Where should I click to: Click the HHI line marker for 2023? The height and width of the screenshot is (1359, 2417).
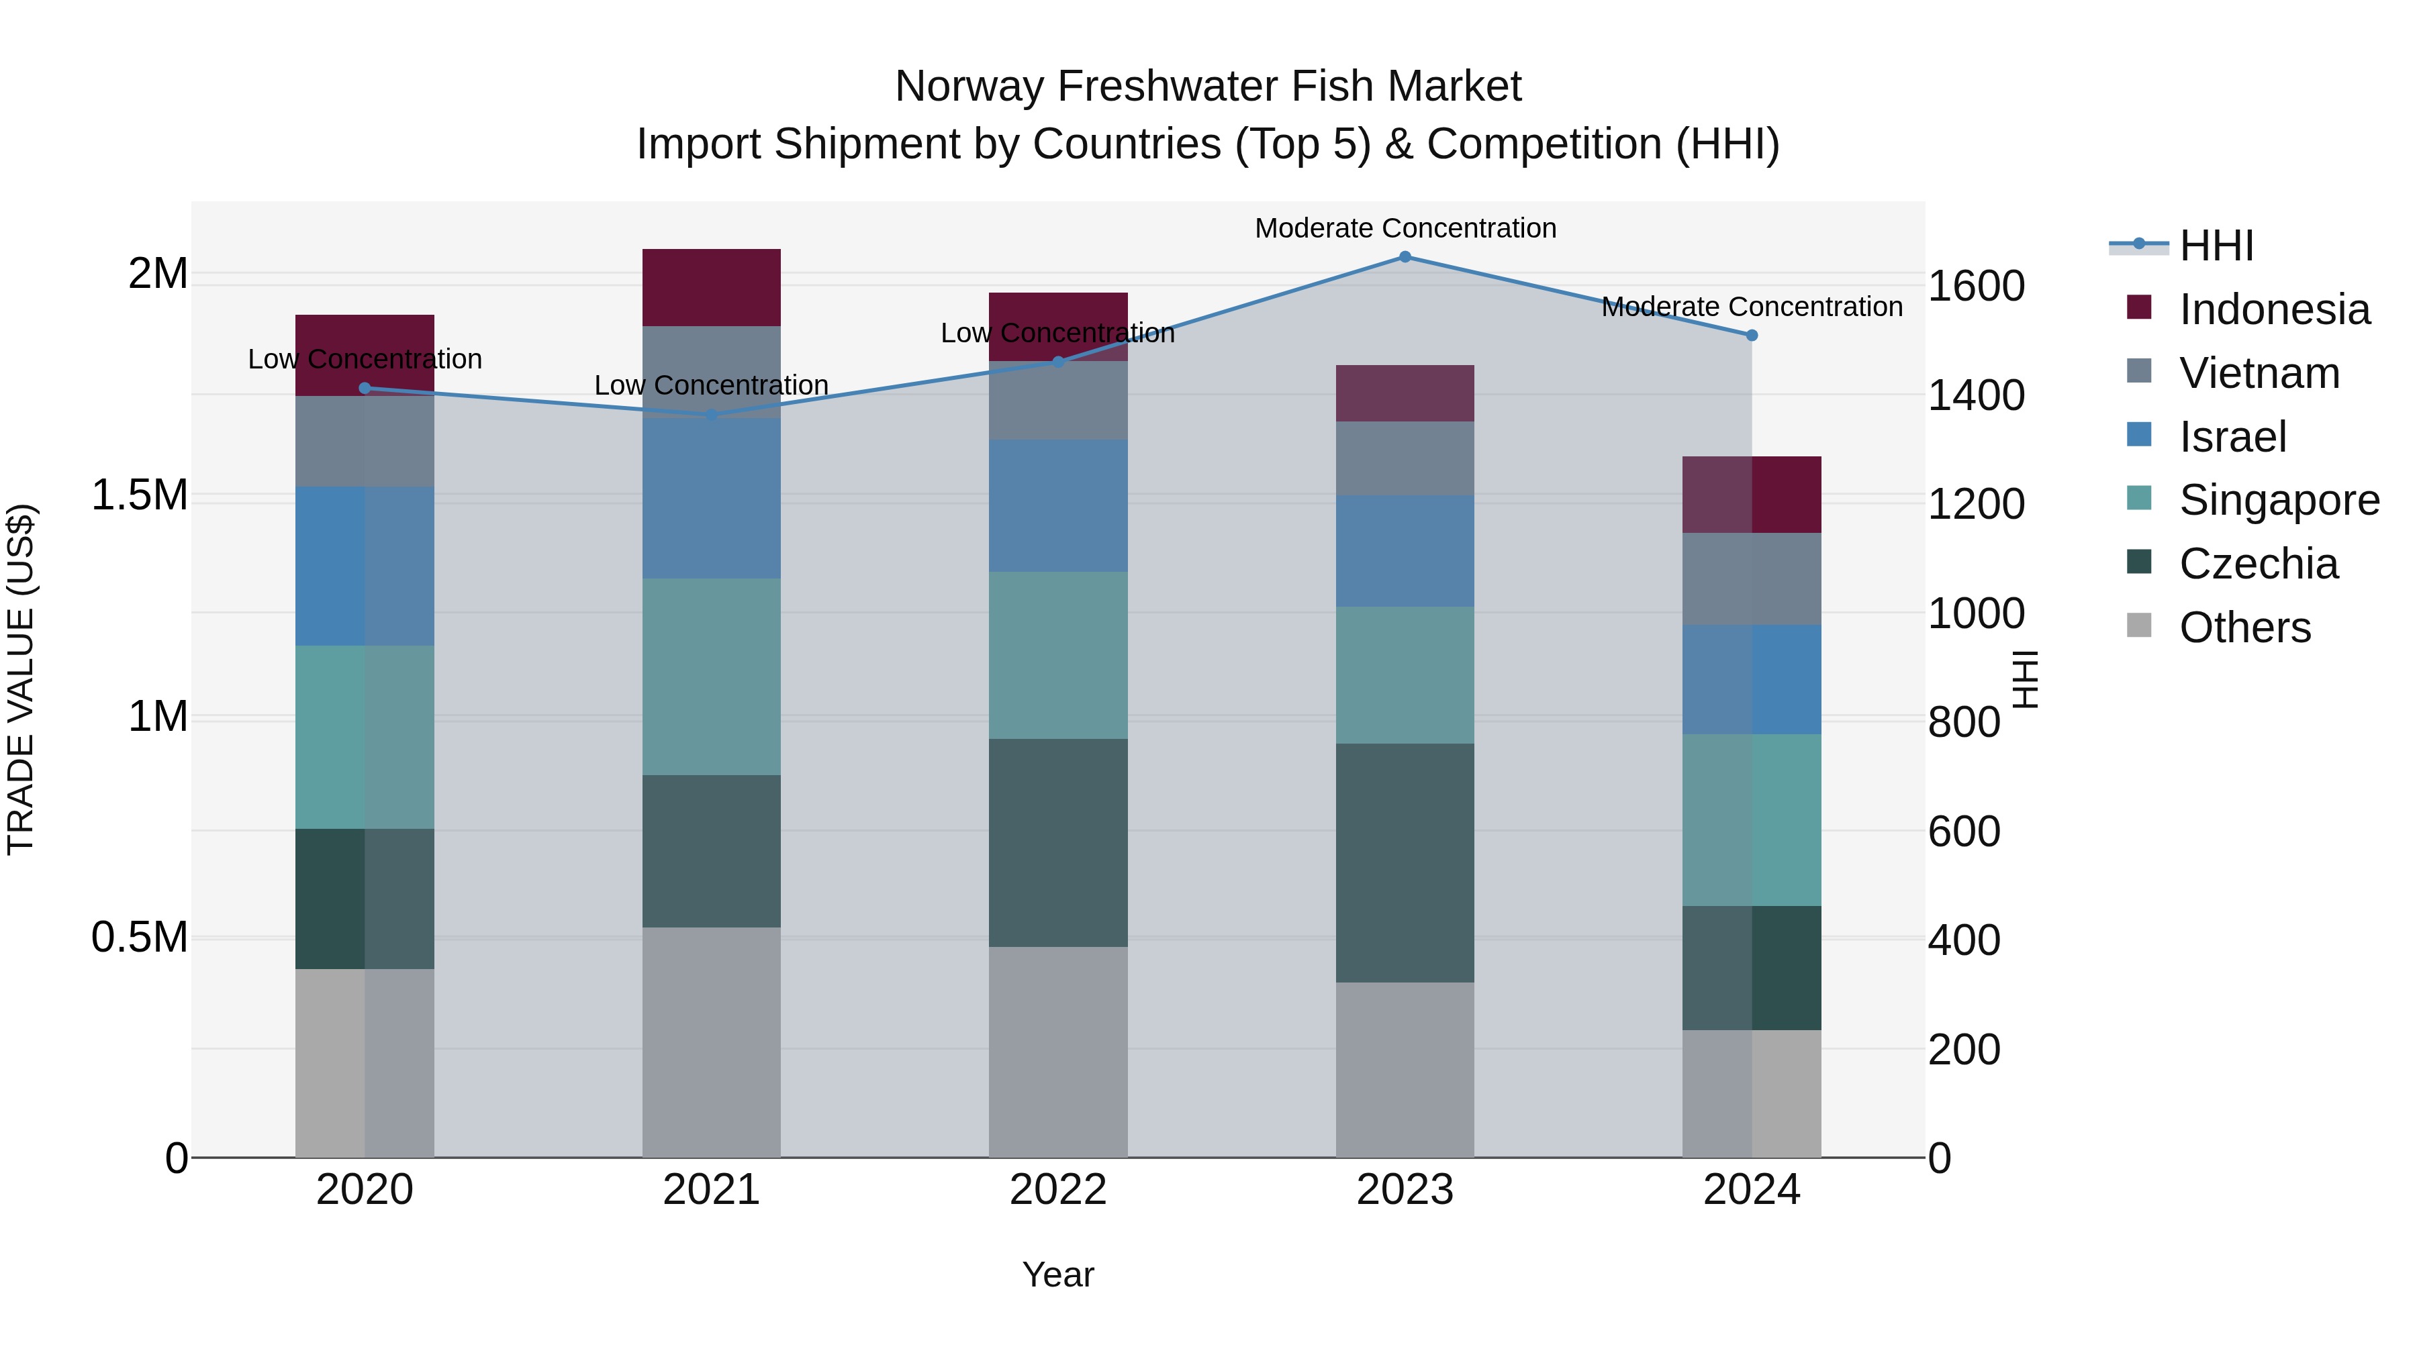coord(1405,256)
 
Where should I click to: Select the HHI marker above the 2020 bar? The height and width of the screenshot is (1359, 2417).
coord(365,387)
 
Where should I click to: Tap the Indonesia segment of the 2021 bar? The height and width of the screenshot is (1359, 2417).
coord(711,287)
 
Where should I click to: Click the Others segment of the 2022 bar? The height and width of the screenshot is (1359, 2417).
coord(1057,1050)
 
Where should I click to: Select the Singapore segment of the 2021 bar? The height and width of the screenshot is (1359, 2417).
coord(711,675)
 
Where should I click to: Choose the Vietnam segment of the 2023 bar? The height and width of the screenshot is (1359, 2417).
coord(1405,458)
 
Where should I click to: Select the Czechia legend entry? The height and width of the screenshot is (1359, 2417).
coord(2257,564)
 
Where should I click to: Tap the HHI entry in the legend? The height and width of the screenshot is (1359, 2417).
coord(2216,246)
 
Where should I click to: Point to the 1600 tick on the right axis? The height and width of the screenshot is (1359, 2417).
coord(1976,286)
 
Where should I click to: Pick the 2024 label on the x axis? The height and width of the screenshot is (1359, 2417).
coord(1751,1189)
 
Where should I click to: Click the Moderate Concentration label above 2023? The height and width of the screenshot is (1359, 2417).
coord(1405,228)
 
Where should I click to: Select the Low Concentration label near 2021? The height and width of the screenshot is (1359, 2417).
coord(711,385)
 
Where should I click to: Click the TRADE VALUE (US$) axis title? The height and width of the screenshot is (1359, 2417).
coord(21,679)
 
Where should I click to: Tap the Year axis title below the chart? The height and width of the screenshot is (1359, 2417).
coord(1057,1274)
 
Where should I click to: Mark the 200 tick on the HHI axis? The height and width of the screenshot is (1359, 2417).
coord(1964,1050)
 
